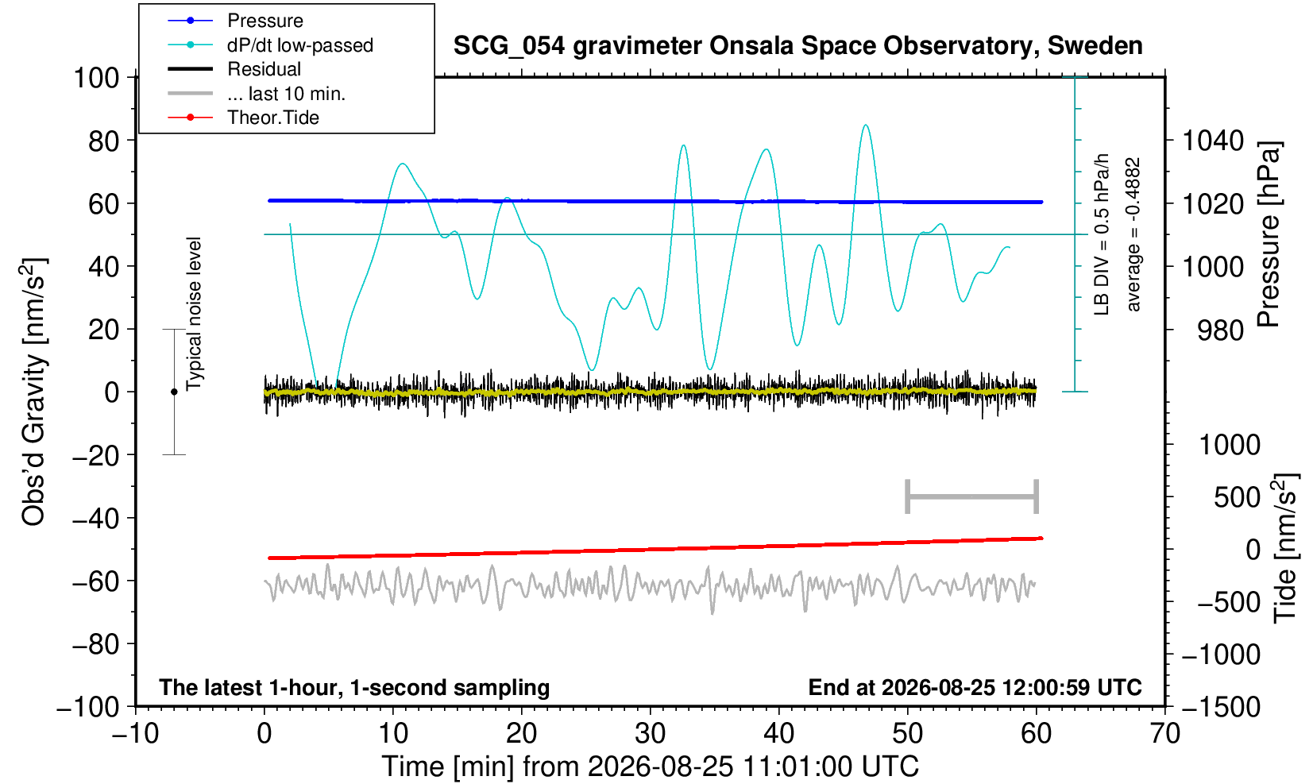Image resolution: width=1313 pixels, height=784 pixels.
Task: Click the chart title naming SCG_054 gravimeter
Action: pyautogui.click(x=797, y=46)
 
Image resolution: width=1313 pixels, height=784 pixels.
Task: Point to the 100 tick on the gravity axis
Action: pyautogui.click(x=96, y=78)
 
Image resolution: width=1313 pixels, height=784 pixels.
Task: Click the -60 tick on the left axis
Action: pyautogui.click(x=95, y=581)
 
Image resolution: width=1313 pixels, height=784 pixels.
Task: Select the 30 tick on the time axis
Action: pyautogui.click(x=650, y=734)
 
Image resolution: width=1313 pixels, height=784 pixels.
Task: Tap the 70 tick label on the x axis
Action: pyautogui.click(x=1164, y=734)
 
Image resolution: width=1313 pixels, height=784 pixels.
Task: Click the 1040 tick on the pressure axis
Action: pyautogui.click(x=1213, y=141)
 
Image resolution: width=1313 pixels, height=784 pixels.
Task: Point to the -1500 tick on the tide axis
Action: pyautogui.click(x=1221, y=707)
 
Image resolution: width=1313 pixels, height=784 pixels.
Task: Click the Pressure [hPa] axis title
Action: pyautogui.click(x=1269, y=234)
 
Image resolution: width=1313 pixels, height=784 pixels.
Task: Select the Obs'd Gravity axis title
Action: pyautogui.click(x=34, y=392)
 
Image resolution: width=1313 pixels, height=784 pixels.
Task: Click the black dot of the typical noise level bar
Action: pyautogui.click(x=174, y=392)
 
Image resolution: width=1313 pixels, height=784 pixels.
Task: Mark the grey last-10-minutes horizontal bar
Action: pyautogui.click(x=972, y=496)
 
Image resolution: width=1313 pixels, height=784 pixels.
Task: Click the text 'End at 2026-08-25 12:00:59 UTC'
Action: pyautogui.click(x=975, y=687)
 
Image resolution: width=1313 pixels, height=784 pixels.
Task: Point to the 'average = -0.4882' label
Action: pyautogui.click(x=1133, y=234)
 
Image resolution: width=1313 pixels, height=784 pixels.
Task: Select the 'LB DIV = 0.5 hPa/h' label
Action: pyautogui.click(x=1102, y=234)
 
